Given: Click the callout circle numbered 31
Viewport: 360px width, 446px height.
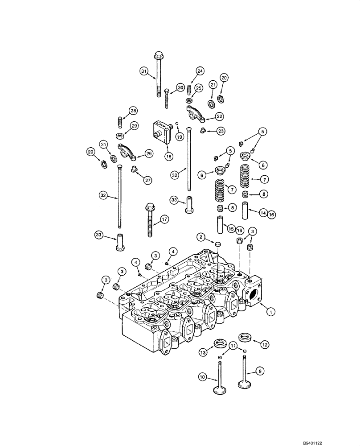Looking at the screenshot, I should tap(143, 71).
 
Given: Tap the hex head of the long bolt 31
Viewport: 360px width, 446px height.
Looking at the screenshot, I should tap(158, 56).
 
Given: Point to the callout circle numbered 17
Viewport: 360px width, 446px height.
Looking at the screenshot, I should tap(165, 219).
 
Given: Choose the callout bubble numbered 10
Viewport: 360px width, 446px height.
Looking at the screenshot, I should tap(203, 378).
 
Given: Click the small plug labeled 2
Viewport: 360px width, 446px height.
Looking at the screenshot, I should tap(218, 245).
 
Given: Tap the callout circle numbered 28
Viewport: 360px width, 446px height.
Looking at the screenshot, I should tap(133, 111).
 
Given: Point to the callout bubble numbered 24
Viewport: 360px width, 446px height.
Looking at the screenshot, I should tap(200, 71).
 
